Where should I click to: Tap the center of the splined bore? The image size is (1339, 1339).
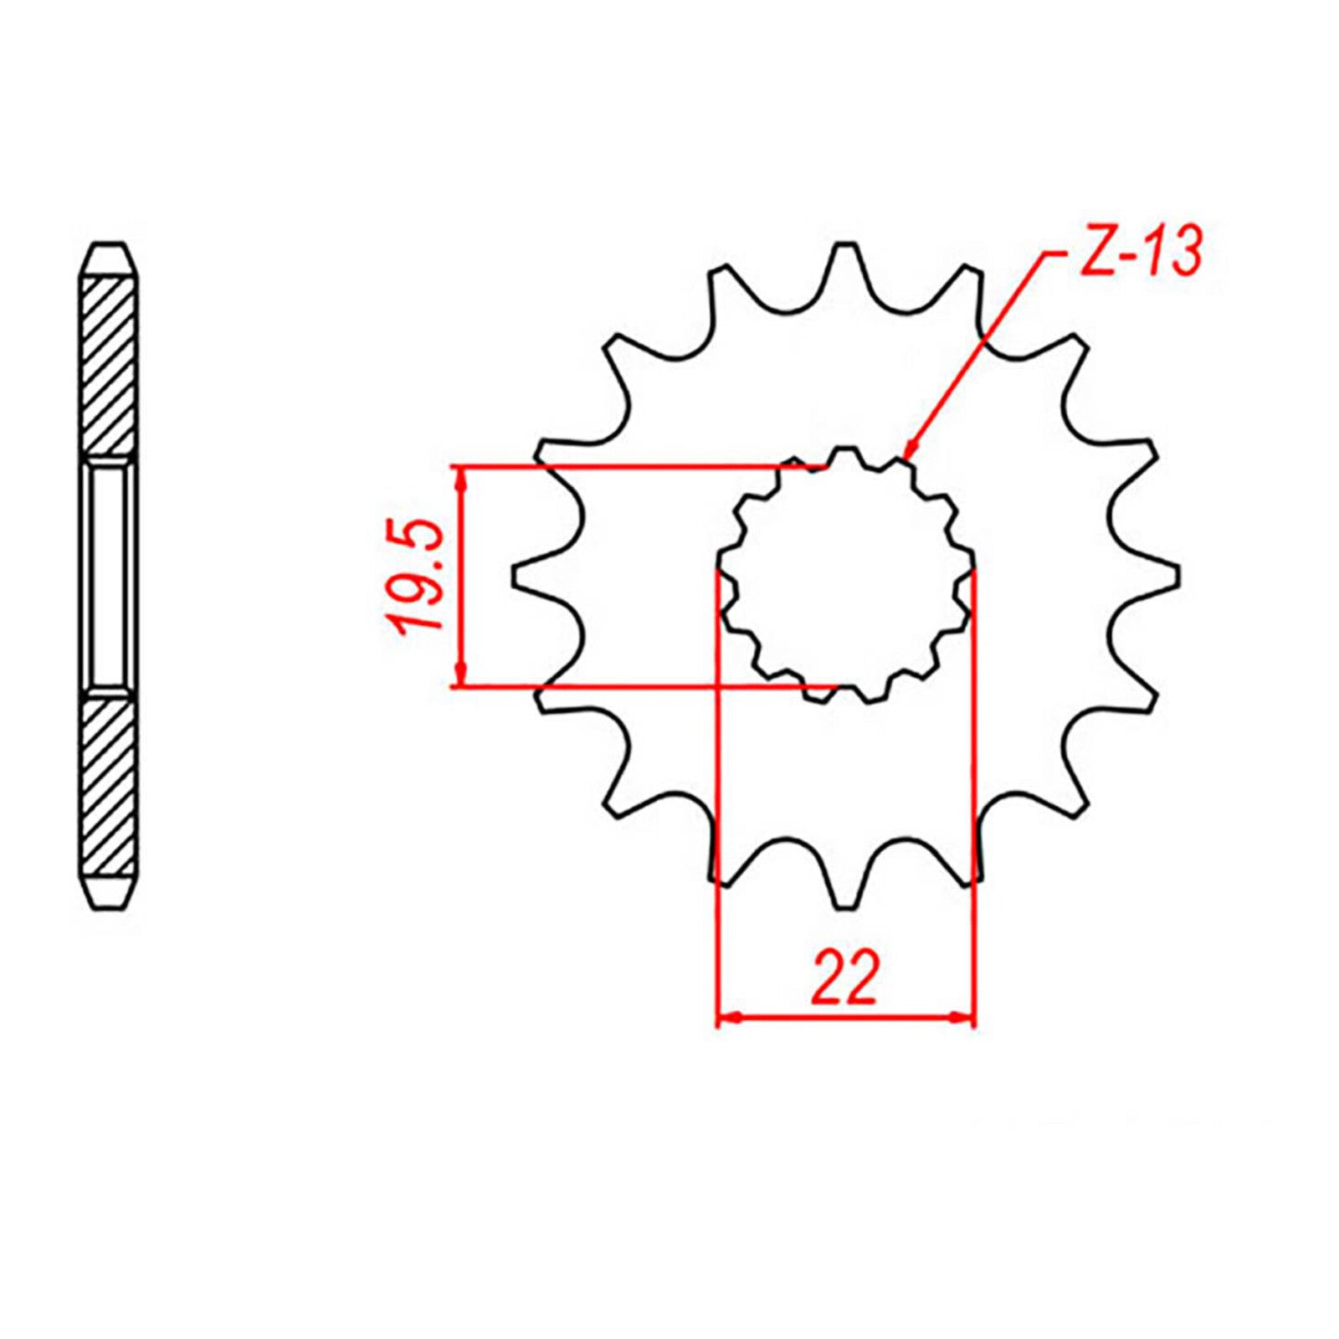tap(846, 576)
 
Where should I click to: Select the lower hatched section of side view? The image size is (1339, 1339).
tap(109, 787)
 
